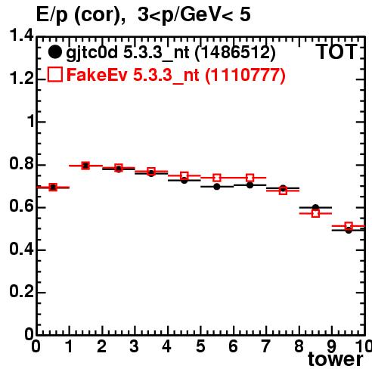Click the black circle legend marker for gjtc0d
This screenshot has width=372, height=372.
[54, 52]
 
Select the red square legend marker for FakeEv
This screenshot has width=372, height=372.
[54, 75]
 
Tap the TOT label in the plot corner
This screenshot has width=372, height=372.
[336, 52]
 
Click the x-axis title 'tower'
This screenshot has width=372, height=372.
[336, 359]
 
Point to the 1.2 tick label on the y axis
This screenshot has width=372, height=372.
[21, 79]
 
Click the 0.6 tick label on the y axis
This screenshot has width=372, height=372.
[21, 207]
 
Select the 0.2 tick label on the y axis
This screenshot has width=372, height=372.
[21, 292]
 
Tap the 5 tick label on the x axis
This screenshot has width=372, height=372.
[200, 346]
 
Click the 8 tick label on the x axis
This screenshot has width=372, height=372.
[299, 346]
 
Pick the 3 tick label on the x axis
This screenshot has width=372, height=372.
[135, 346]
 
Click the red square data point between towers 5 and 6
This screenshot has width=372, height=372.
[217, 178]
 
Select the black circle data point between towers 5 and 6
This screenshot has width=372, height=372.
[217, 187]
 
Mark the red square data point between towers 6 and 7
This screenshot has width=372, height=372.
[250, 178]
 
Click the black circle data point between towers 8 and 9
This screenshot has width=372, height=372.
[315, 207]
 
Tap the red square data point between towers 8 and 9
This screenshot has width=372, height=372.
[315, 213]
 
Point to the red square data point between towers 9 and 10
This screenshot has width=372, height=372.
[349, 226]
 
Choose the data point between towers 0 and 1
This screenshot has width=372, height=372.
[53, 188]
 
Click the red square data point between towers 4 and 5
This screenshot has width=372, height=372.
[184, 175]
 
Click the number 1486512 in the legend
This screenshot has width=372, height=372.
[235, 53]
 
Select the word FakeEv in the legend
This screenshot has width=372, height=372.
[97, 75]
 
